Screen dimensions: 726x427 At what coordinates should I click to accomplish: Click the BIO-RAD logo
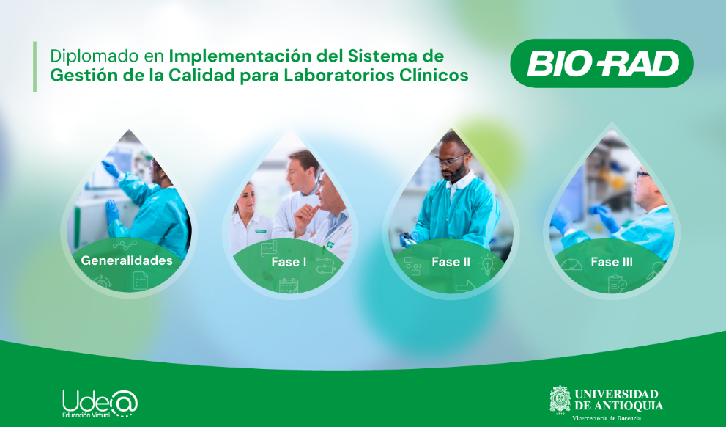(x=601, y=64)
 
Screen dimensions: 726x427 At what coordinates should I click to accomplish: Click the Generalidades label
(x=127, y=260)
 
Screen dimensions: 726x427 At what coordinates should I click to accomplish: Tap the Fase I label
(x=289, y=262)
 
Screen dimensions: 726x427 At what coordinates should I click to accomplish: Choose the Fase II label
(x=451, y=262)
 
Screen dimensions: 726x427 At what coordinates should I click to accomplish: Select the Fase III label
(x=612, y=262)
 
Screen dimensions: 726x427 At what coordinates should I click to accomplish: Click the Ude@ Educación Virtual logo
(x=100, y=404)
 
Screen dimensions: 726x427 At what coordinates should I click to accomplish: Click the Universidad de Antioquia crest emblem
(x=560, y=400)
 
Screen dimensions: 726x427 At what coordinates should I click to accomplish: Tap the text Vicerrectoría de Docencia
(x=607, y=418)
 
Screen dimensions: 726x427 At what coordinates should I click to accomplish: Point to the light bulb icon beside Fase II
(x=487, y=265)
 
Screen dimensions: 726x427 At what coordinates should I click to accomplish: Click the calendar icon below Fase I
(x=289, y=285)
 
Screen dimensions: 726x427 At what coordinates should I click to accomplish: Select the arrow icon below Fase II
(x=465, y=287)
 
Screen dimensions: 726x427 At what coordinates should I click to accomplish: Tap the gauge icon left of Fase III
(x=571, y=265)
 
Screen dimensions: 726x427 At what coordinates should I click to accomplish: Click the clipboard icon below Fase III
(x=617, y=284)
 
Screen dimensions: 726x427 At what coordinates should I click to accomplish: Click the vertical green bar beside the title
(x=34, y=67)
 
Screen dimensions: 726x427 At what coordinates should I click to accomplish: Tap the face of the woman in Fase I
(x=247, y=198)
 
